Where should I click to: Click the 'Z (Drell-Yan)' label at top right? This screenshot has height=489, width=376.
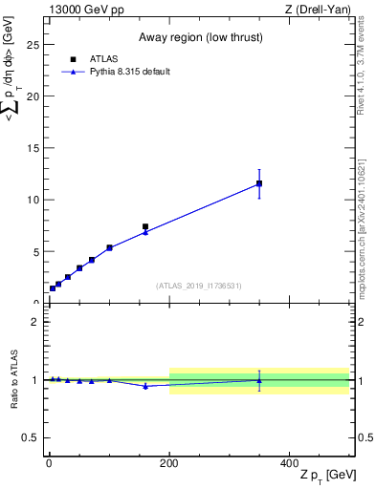coord(319,9)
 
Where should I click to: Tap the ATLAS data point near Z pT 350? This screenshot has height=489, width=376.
coord(259,183)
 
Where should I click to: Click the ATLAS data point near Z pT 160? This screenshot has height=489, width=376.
coord(145,227)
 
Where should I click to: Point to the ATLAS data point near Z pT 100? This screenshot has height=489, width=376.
coord(109,247)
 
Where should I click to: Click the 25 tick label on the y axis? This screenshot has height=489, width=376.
coord(33,44)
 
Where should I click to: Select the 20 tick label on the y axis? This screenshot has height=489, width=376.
coord(33,96)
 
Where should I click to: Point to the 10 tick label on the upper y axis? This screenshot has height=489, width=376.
coord(33,201)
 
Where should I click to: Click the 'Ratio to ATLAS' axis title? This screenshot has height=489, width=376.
coord(14,379)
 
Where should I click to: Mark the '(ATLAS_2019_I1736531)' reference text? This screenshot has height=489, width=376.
coord(199,286)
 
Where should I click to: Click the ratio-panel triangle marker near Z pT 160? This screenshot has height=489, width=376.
coord(145,386)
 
